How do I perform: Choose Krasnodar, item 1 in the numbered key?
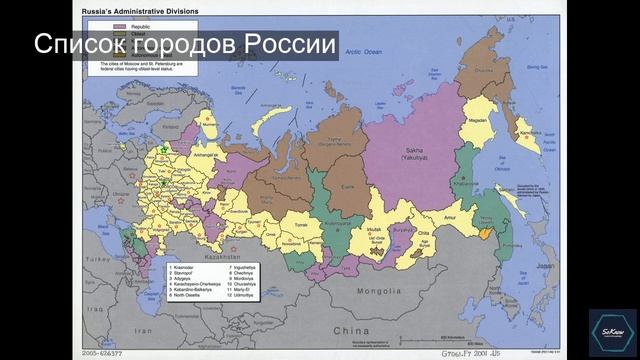(x=184, y=268)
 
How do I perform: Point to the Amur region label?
(x=451, y=215)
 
